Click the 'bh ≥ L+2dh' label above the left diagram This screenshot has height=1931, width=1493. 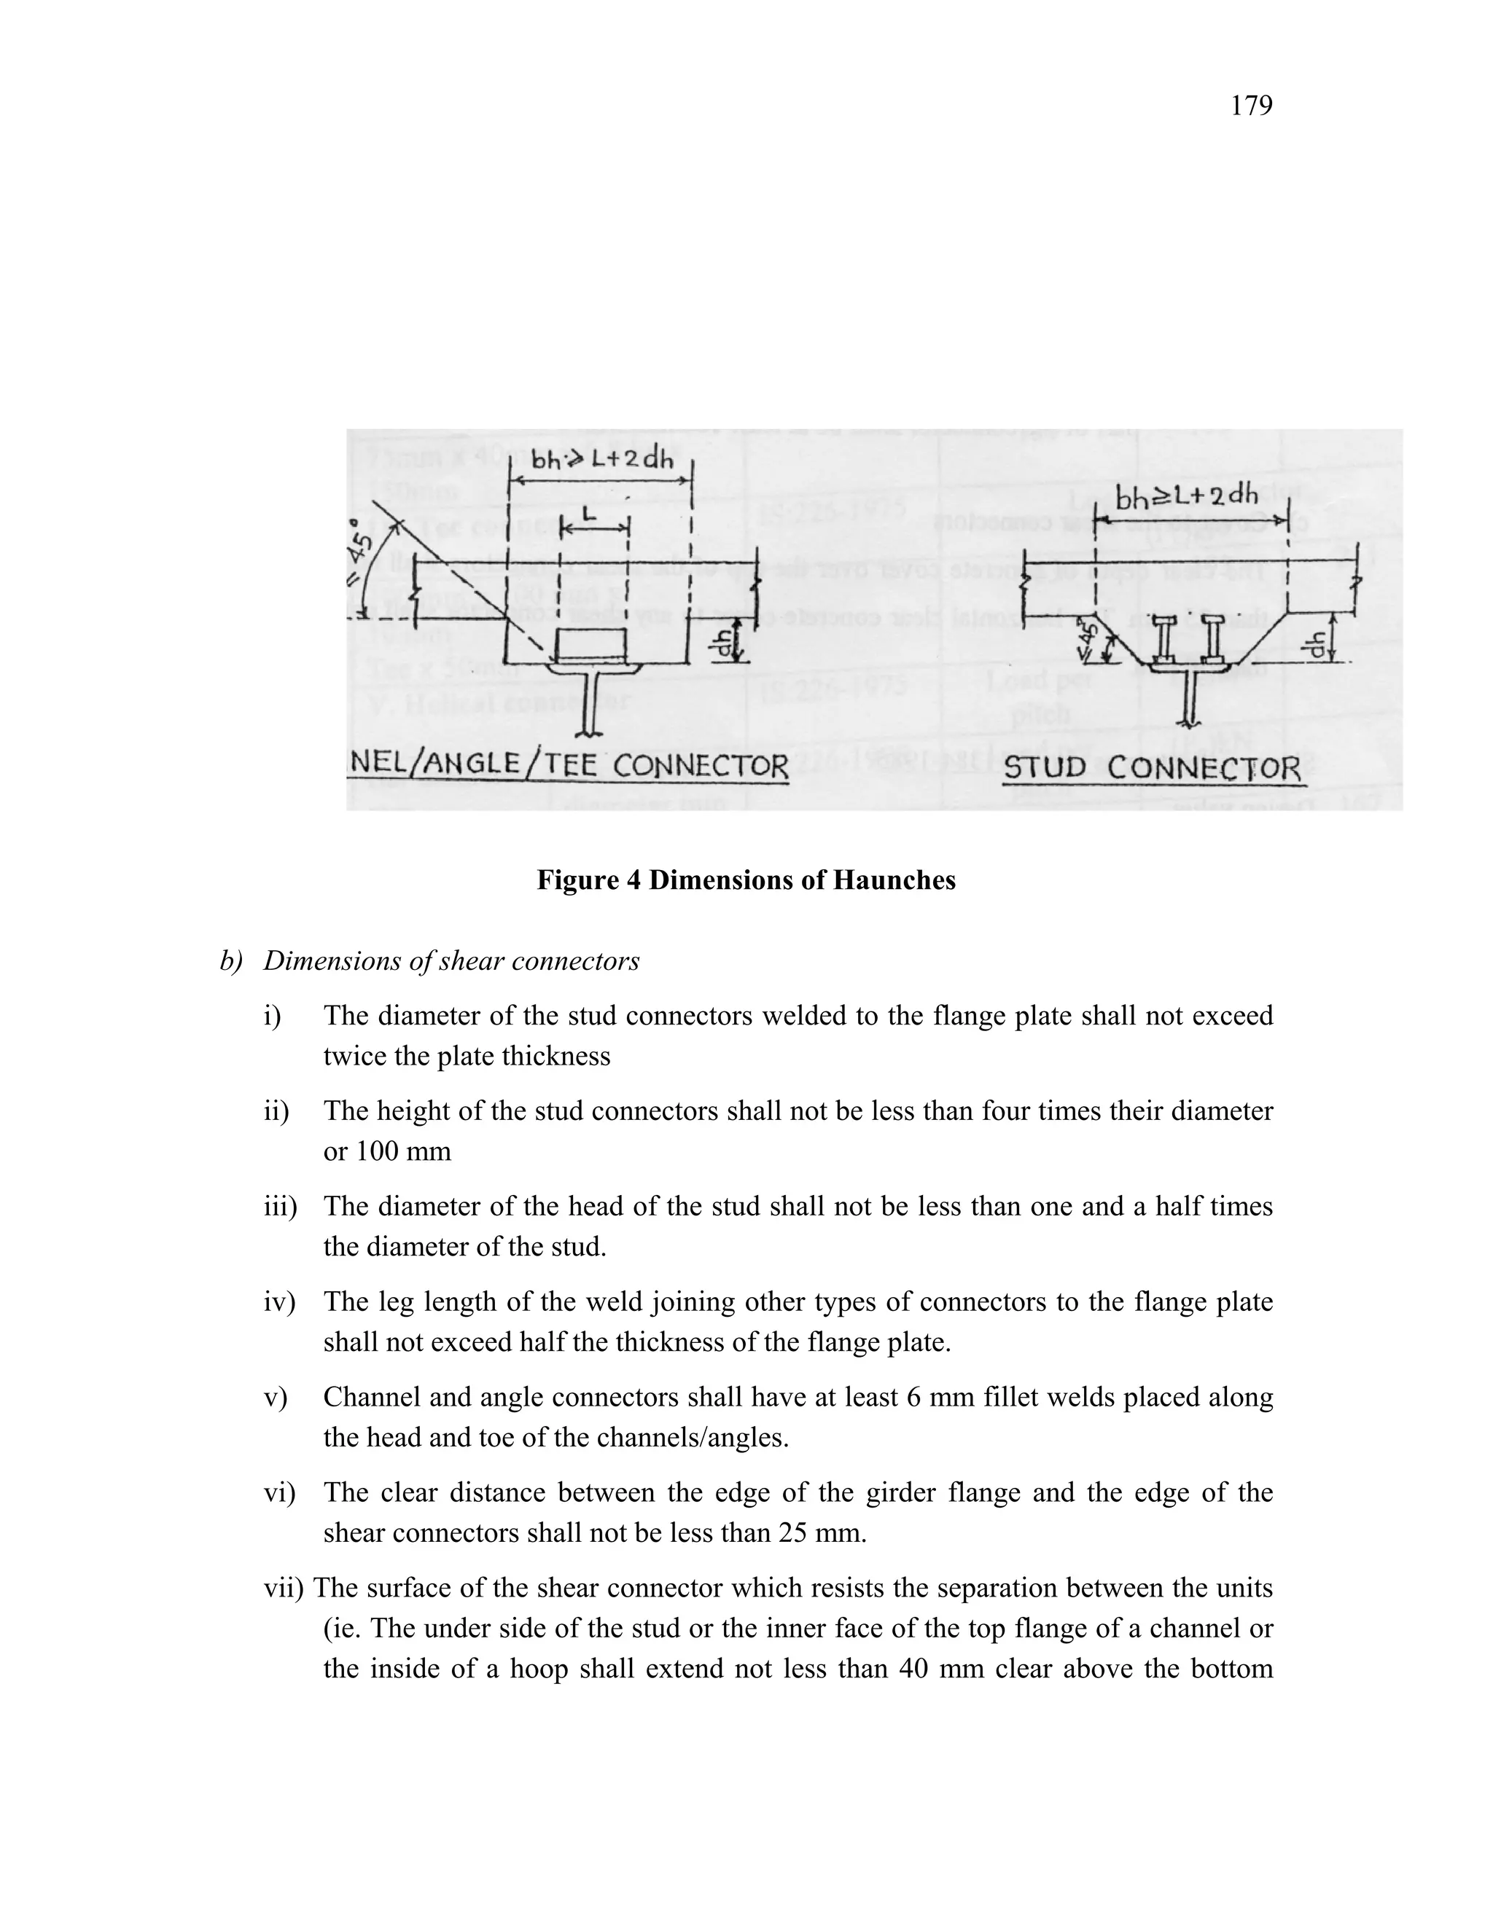601,459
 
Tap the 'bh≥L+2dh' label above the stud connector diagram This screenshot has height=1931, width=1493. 1186,500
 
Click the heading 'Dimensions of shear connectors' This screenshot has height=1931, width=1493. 451,961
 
